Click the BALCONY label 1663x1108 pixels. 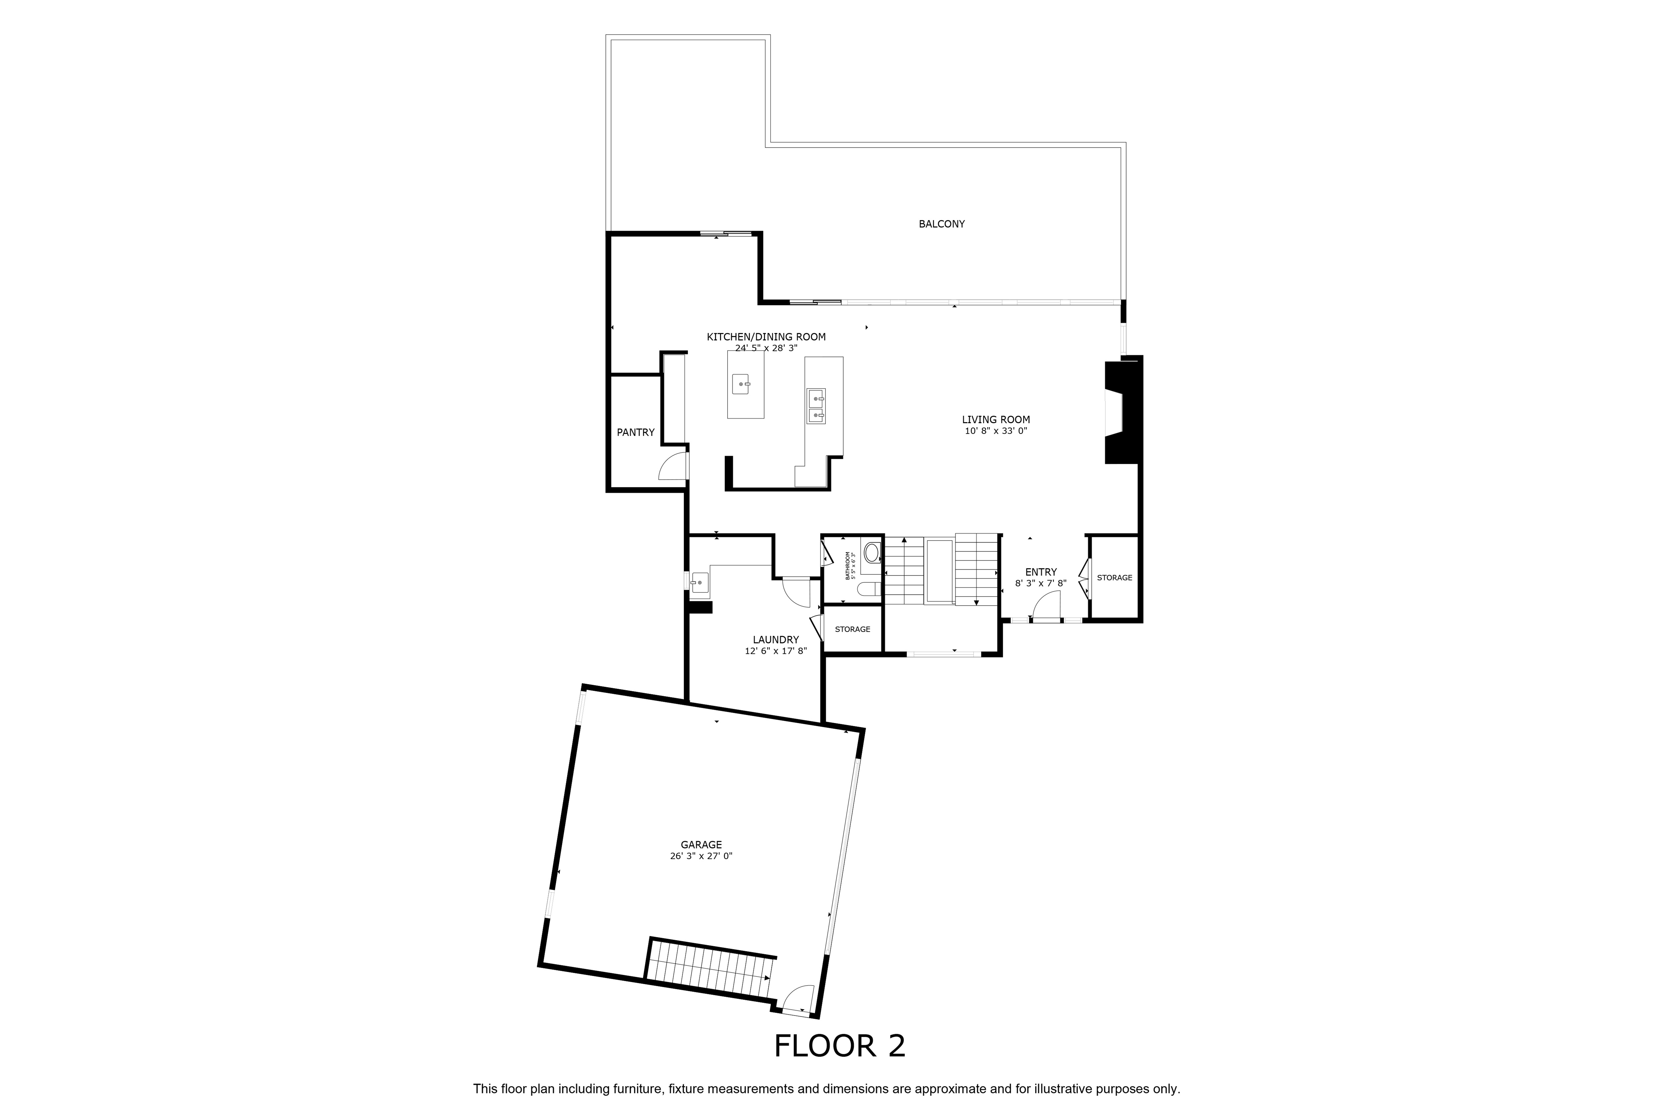(x=941, y=224)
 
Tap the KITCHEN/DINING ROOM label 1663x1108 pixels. (x=766, y=337)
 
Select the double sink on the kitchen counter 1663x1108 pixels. (x=816, y=406)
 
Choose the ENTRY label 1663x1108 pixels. (x=1041, y=572)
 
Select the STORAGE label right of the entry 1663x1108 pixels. (x=1114, y=578)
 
